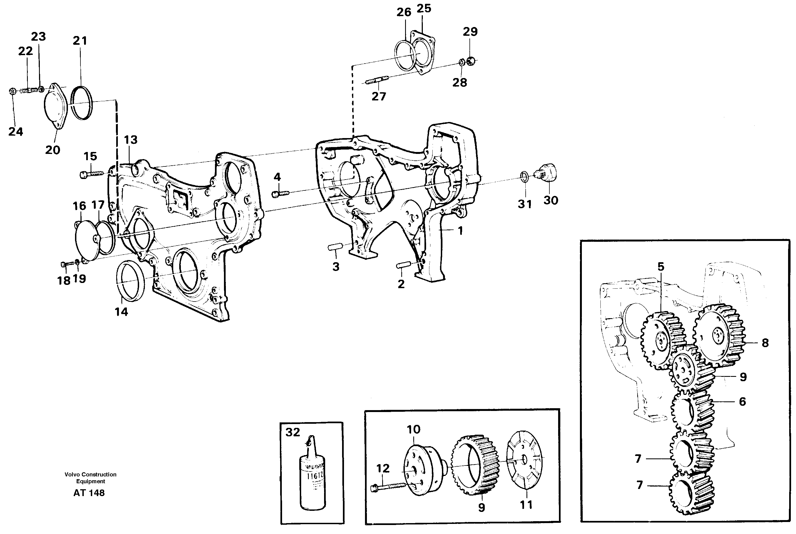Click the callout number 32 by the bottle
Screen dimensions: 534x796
[292, 432]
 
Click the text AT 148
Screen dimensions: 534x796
[89, 493]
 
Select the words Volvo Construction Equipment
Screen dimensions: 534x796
[91, 478]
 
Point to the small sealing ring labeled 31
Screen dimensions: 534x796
[525, 177]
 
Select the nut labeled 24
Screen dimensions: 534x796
[12, 91]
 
